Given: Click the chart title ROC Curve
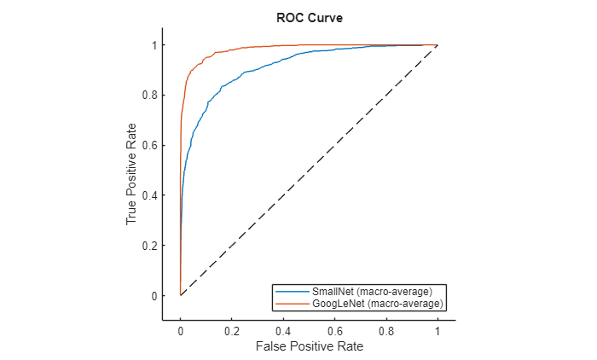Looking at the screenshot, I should pyautogui.click(x=309, y=17).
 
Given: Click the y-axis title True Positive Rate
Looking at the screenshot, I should pyautogui.click(x=131, y=171).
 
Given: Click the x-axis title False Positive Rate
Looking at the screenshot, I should pyautogui.click(x=309, y=347).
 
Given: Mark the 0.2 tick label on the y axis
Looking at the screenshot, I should pyautogui.click(x=148, y=246).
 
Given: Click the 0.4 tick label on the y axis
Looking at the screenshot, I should pyautogui.click(x=148, y=195).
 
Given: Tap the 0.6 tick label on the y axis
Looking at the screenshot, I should pyautogui.click(x=148, y=145).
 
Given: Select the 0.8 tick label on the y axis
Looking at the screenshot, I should pyautogui.click(x=148, y=95).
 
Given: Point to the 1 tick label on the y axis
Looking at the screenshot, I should pyautogui.click(x=152, y=44).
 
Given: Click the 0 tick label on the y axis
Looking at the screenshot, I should pyautogui.click(x=152, y=296).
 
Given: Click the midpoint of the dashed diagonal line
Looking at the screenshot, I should pyautogui.click(x=309, y=170).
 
